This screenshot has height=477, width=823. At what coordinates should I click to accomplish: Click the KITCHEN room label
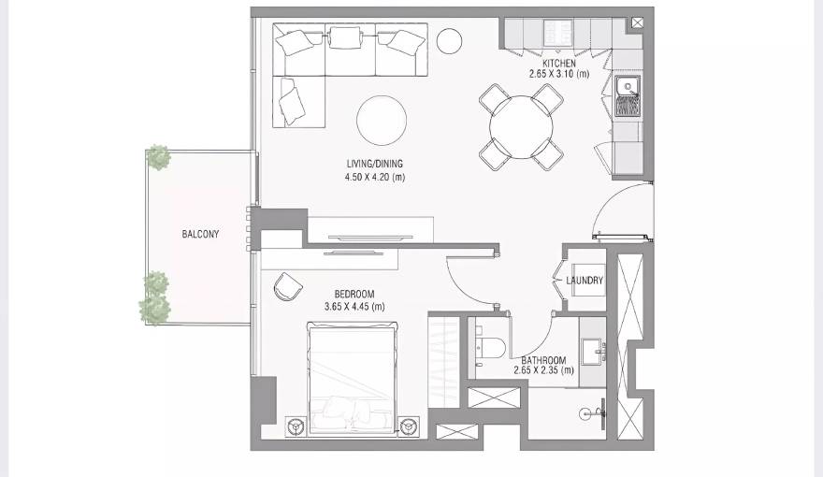point(559,63)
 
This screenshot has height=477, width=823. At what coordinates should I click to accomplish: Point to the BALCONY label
point(200,234)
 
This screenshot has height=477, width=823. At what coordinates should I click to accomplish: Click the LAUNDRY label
point(585,281)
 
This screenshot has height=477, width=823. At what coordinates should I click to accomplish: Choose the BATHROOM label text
point(543,359)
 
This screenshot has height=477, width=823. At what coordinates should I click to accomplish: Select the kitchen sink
point(628,89)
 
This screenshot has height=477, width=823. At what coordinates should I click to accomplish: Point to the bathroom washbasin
point(593,353)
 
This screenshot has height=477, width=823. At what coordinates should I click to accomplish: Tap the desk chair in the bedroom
point(284,286)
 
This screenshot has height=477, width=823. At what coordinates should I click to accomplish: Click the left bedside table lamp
point(295,426)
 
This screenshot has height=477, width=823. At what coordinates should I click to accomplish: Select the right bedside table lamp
point(409,426)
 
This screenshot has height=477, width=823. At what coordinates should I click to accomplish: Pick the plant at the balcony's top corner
point(159,157)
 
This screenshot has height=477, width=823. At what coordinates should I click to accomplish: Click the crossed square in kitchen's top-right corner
point(638,22)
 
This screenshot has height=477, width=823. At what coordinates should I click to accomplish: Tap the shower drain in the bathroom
point(585,410)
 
